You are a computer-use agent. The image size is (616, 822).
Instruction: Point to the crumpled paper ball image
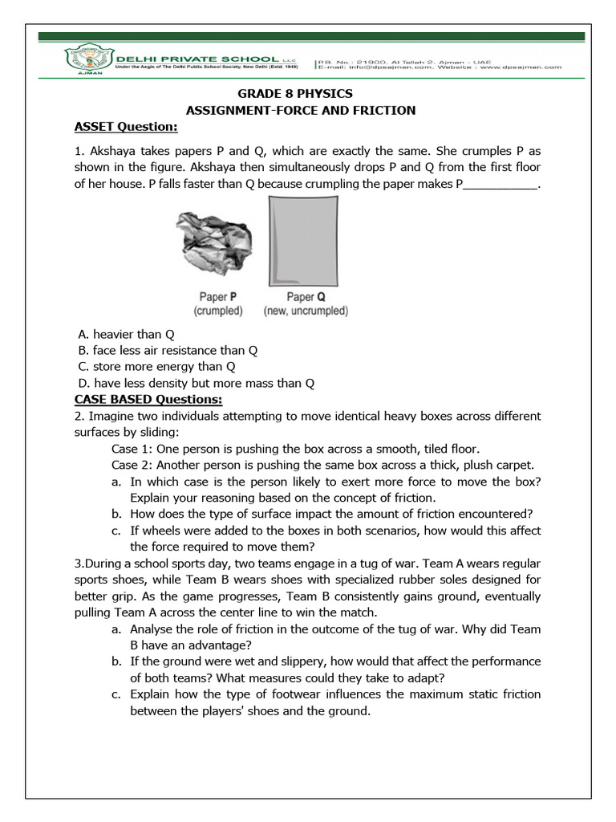tap(211, 242)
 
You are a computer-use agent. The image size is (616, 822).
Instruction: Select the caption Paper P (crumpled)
tap(218, 303)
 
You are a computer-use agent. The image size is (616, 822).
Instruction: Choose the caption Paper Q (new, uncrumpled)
tap(306, 303)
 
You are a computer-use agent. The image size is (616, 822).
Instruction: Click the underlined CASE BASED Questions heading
tap(148, 399)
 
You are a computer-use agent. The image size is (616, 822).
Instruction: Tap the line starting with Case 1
tap(295, 449)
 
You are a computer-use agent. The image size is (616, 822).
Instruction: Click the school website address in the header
tap(521, 68)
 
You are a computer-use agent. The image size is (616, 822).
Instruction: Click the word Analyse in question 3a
tap(153, 629)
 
